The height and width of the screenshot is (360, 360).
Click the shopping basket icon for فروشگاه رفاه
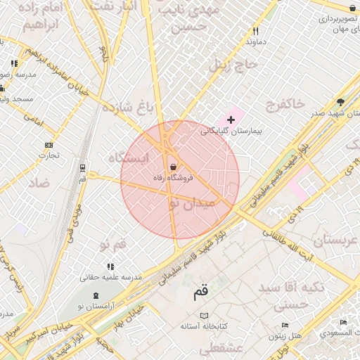pos(173,167)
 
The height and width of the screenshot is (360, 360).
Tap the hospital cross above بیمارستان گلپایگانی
pos(231,120)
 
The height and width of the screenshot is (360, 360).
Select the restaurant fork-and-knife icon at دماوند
pos(256,31)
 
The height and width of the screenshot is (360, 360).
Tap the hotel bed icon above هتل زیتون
pos(285,324)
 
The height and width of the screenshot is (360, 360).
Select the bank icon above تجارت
pos(49,145)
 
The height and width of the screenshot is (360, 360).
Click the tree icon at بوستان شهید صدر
pos(341,102)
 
